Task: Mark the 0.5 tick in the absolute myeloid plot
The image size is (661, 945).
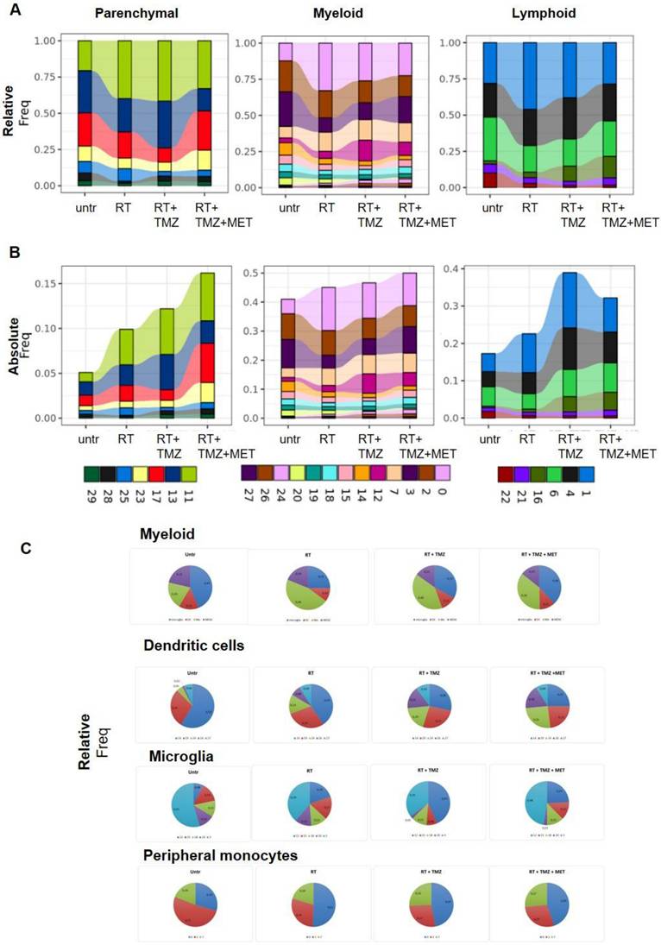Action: pyautogui.click(x=258, y=273)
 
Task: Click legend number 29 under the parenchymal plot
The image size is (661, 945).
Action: pyautogui.click(x=89, y=497)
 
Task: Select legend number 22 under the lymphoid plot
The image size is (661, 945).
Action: pyautogui.click(x=504, y=497)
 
